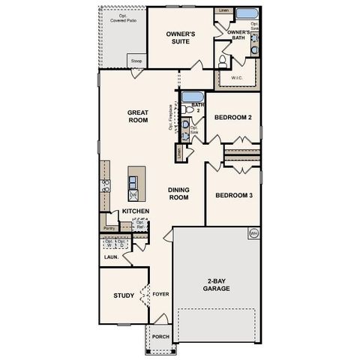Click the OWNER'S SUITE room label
click(x=181, y=37)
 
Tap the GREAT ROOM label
click(x=138, y=115)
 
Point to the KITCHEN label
click(x=136, y=211)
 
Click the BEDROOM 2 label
click(x=232, y=118)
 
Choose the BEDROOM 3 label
click(x=232, y=196)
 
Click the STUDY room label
click(x=124, y=295)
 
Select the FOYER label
click(x=160, y=295)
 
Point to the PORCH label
click(x=160, y=337)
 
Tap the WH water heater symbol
click(x=253, y=232)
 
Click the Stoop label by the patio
click(x=136, y=61)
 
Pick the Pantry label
click(x=109, y=227)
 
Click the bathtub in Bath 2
click(x=193, y=97)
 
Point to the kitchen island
click(x=135, y=184)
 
